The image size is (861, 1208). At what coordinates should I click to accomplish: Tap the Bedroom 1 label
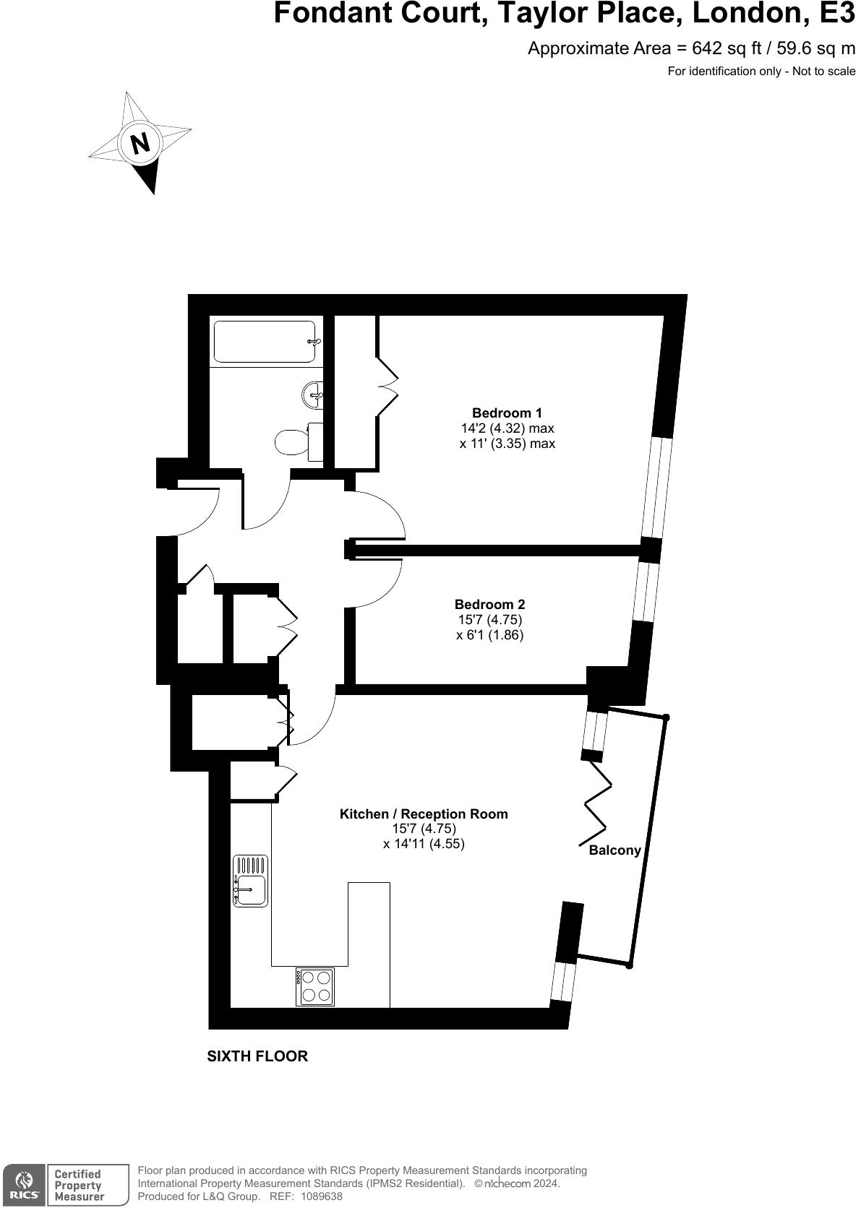pos(507,413)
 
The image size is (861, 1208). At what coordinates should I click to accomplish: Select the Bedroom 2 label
pos(489,605)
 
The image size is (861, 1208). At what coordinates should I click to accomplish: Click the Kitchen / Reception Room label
pos(424,814)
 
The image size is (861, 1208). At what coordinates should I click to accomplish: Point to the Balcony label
pos(614,850)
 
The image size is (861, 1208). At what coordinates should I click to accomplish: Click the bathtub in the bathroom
pos(265,342)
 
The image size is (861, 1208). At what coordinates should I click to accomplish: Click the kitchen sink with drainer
pos(250,881)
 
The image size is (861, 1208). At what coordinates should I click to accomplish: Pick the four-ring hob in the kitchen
pos(315,987)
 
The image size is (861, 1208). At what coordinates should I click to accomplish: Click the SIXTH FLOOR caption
pos(257,1056)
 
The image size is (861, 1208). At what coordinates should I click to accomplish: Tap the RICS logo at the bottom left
pos(24,1186)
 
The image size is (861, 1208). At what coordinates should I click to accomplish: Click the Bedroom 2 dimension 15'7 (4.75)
pos(489,620)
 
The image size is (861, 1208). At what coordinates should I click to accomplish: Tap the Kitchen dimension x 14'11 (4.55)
pos(424,844)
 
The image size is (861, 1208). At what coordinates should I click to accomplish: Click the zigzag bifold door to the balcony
pos(596,803)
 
